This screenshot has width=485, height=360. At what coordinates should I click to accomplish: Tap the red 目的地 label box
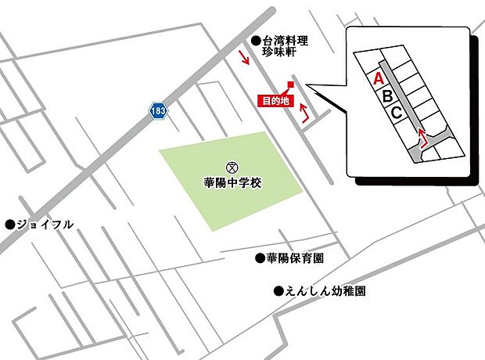(x=275, y=100)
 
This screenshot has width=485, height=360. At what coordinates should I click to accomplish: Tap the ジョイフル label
(x=46, y=225)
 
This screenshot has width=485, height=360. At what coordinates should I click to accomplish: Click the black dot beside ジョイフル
(x=10, y=225)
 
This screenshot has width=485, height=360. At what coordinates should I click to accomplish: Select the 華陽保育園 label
(x=295, y=257)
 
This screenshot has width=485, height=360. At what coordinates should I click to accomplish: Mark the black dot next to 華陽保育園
(x=260, y=257)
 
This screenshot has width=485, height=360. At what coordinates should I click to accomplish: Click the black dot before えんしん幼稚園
(x=278, y=291)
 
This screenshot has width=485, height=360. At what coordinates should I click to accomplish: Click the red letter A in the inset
(x=377, y=78)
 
